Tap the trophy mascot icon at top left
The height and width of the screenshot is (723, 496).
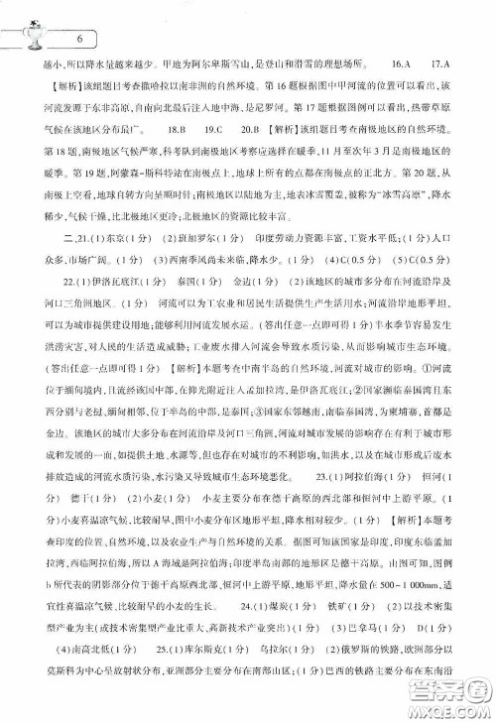31,31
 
